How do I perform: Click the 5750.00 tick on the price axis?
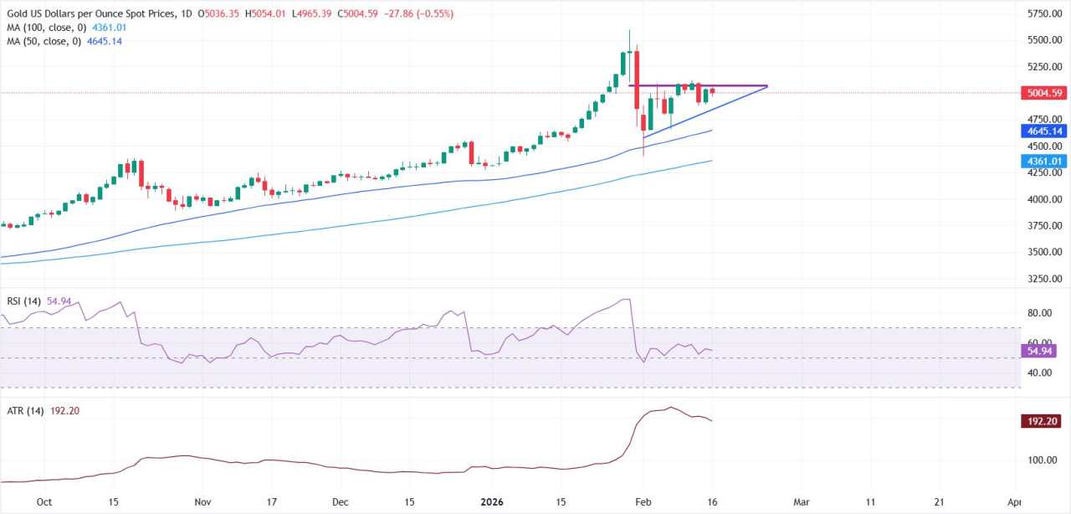tap(1045, 13)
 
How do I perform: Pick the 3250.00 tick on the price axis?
tap(1045, 279)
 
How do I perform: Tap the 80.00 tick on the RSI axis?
tap(1038, 313)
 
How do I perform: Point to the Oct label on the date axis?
tap(44, 502)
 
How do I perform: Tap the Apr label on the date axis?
tap(1014, 502)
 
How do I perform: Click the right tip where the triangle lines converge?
tap(767, 85)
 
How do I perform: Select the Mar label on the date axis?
tap(802, 502)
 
